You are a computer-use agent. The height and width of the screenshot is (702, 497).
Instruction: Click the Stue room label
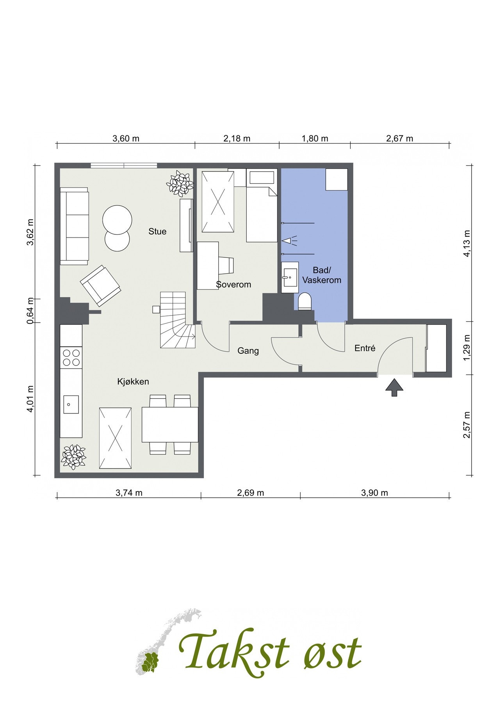pos(157,231)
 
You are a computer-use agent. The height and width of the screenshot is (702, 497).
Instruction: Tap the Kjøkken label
pos(133,381)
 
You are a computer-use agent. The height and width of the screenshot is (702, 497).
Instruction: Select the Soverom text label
pos(233,284)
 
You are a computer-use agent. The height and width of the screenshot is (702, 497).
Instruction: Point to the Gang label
pos(248,351)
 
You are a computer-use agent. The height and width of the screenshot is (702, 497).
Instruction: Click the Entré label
pos(365,348)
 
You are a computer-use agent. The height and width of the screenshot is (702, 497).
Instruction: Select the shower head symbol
pos(289,240)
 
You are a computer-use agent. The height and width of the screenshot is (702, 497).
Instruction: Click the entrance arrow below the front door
pos(394,388)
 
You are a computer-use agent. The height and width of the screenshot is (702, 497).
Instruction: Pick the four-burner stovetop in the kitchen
pos(71,358)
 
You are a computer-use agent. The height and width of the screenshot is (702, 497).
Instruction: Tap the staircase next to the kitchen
pos(178,320)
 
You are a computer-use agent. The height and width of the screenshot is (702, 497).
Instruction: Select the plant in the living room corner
pos(180,183)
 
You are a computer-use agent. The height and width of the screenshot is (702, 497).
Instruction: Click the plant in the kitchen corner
pos(73,457)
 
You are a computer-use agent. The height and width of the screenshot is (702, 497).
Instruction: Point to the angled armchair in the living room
pos(100,285)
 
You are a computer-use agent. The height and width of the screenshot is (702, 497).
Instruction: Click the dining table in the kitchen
pos(170,424)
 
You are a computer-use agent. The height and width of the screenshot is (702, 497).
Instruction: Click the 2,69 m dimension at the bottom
pos(251,493)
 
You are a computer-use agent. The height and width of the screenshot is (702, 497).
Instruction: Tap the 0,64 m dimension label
pos(30,311)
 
